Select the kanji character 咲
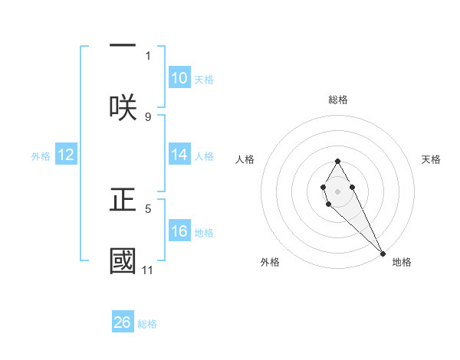pos(123,106)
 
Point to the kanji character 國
pos(123,260)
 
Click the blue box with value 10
pos(179,78)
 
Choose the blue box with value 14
pos(179,155)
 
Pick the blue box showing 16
pos(179,231)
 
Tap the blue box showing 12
pos(66,155)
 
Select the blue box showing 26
pos(123,322)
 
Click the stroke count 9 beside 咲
pos(148,116)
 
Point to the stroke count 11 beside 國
pos(148,270)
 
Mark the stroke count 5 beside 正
pos(148,208)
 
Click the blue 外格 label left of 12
pos(41,156)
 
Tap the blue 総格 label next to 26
pos(147,324)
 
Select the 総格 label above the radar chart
pos(337,100)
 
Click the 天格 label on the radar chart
pos(431,159)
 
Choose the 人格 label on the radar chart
pos(245,159)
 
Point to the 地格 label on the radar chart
pos(402,262)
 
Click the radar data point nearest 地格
pos(383,253)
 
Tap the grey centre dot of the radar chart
pos(337,190)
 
